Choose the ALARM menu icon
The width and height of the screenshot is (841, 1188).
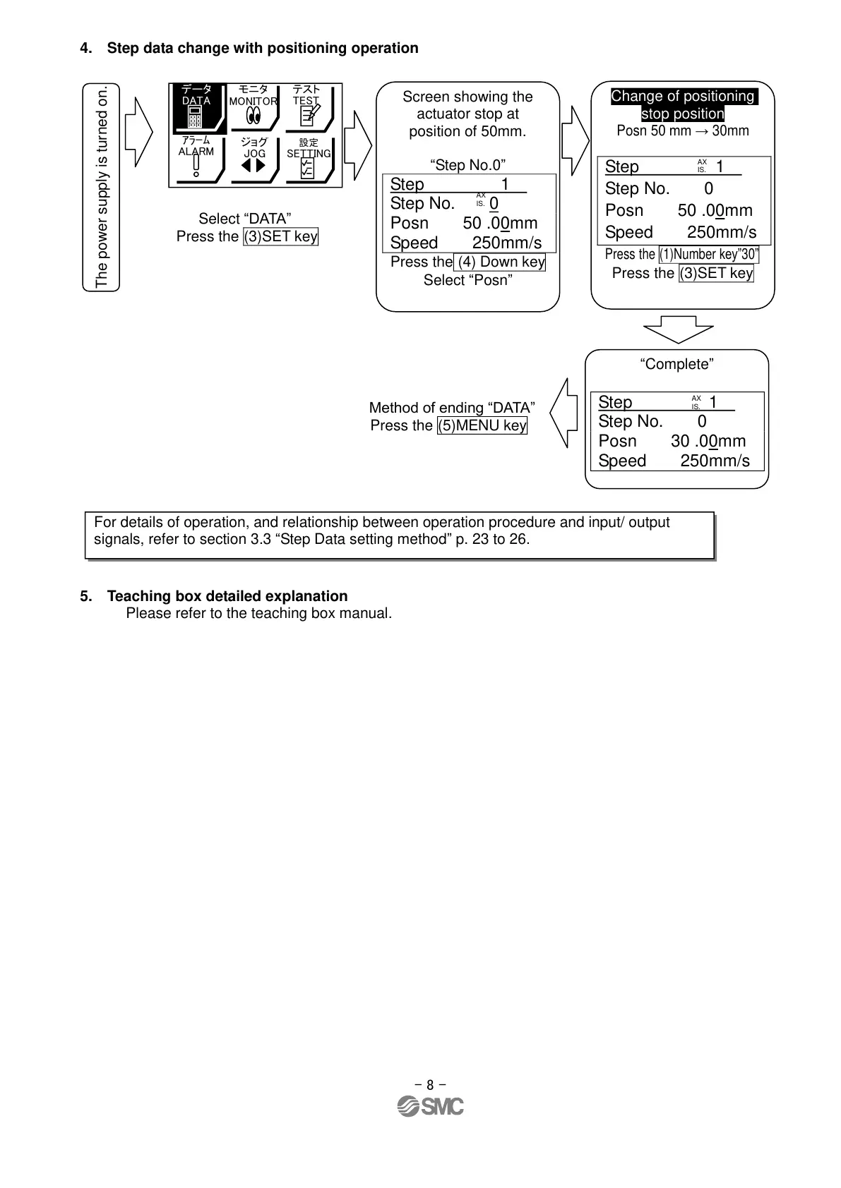(x=196, y=159)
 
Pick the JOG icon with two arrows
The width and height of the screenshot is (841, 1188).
(x=254, y=159)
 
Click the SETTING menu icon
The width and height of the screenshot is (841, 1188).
(x=309, y=160)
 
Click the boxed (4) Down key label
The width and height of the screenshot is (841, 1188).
(x=500, y=262)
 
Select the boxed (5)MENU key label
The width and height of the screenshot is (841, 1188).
(x=482, y=426)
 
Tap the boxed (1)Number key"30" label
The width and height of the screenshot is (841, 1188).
(x=708, y=255)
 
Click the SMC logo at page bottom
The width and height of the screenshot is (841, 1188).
(x=430, y=1106)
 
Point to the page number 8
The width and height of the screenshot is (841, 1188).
(x=430, y=1085)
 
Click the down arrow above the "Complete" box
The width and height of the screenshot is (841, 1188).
(x=679, y=329)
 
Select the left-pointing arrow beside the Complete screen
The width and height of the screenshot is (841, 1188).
(x=563, y=413)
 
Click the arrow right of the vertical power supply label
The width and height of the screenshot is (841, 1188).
(x=138, y=131)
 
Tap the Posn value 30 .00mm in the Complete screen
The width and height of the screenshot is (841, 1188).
(x=708, y=442)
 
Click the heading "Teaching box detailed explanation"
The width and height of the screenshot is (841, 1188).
(x=227, y=597)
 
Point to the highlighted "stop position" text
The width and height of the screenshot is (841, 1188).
(x=682, y=114)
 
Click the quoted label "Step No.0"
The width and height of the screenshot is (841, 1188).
(x=467, y=166)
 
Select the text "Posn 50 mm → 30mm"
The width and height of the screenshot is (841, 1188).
(x=682, y=131)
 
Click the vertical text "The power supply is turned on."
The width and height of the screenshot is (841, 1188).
(x=102, y=187)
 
